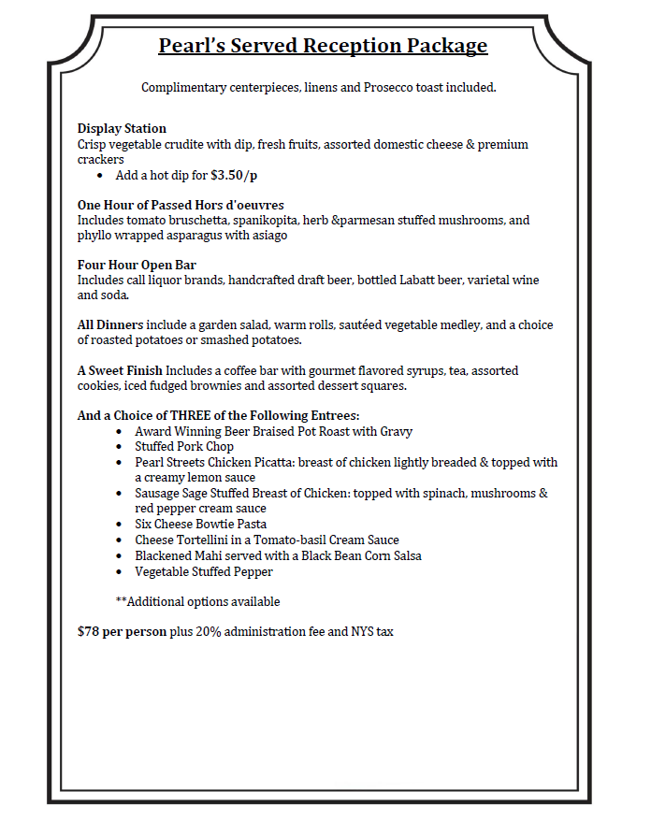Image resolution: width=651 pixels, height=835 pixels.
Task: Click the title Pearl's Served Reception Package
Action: click(323, 45)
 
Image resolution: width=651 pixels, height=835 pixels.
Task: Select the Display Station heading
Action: click(122, 129)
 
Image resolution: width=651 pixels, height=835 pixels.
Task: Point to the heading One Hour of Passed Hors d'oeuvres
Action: click(181, 205)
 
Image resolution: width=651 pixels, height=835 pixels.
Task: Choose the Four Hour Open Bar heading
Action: click(137, 266)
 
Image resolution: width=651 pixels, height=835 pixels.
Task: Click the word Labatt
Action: click(415, 281)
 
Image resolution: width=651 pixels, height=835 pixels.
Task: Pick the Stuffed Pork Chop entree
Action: click(184, 447)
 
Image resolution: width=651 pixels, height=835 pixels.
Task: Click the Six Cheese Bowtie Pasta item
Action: click(200, 525)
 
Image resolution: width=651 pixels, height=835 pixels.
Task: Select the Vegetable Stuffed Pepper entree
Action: click(204, 571)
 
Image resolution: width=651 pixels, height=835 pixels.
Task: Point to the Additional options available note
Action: click(197, 601)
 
